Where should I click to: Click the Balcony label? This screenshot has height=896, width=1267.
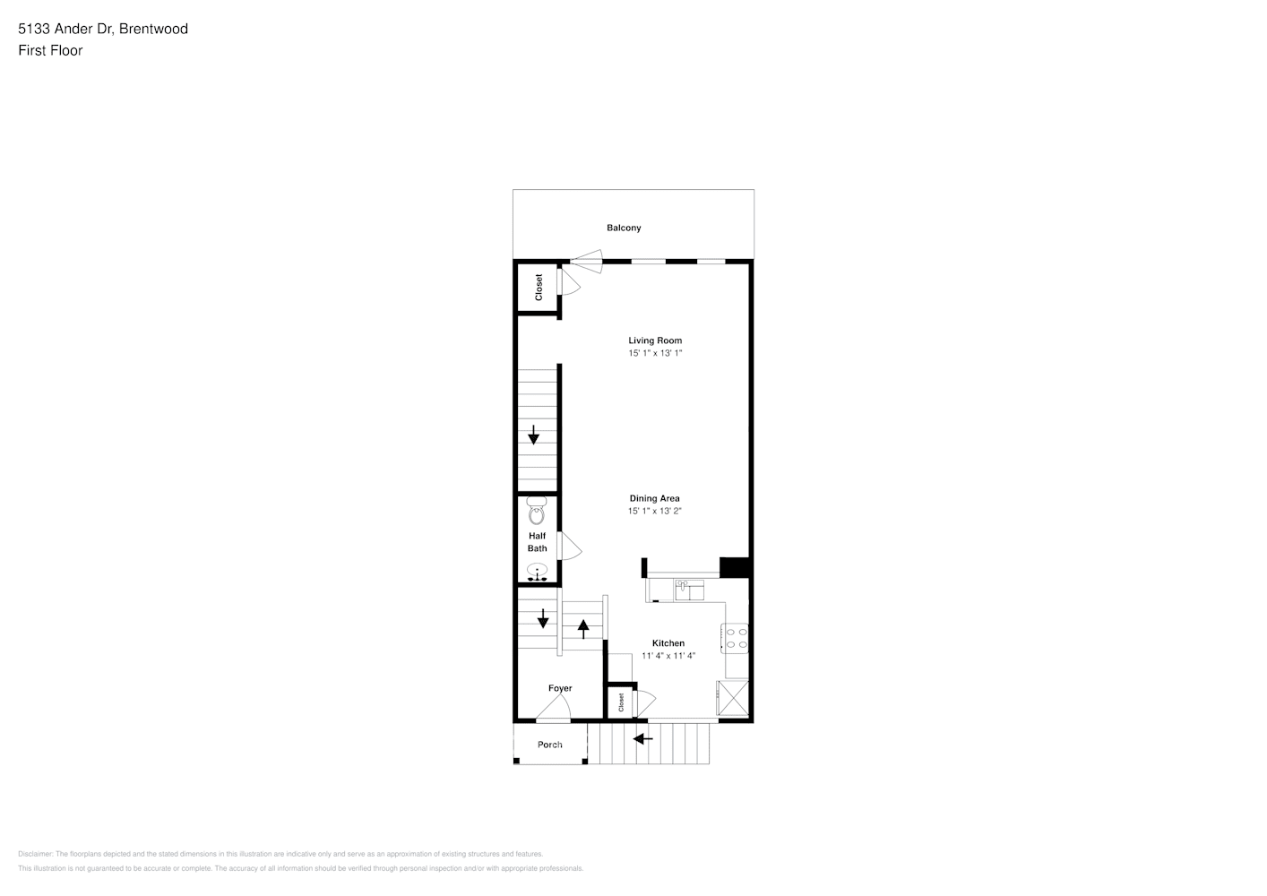coord(624,228)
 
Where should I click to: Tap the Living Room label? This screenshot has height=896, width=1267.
coord(655,340)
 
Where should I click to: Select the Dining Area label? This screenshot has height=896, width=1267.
coord(654,498)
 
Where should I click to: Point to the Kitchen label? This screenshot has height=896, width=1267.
coord(668,643)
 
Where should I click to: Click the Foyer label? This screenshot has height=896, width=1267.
coord(560,688)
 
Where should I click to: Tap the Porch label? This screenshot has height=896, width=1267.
coord(550,745)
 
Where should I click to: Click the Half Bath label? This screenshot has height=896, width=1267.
coord(537,542)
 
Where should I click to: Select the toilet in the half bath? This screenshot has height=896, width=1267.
coord(537,512)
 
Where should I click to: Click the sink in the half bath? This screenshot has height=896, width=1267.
coord(538,571)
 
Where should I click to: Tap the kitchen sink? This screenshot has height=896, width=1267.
coord(689,589)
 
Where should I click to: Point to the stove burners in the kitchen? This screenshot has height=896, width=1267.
coord(737,637)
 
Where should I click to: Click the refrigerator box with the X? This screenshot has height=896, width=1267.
coord(732,700)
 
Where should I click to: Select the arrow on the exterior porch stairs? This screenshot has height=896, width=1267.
coord(642,739)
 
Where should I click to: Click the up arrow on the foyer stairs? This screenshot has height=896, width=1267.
coord(583,629)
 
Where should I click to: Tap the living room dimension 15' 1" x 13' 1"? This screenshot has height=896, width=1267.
coord(655,353)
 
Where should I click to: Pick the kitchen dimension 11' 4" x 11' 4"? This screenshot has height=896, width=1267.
coord(668,656)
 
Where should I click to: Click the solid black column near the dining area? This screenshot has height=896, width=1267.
coord(734,567)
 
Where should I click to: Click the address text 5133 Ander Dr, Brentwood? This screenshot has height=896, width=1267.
coord(103,29)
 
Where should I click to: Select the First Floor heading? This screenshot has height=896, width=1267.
coord(50,50)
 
